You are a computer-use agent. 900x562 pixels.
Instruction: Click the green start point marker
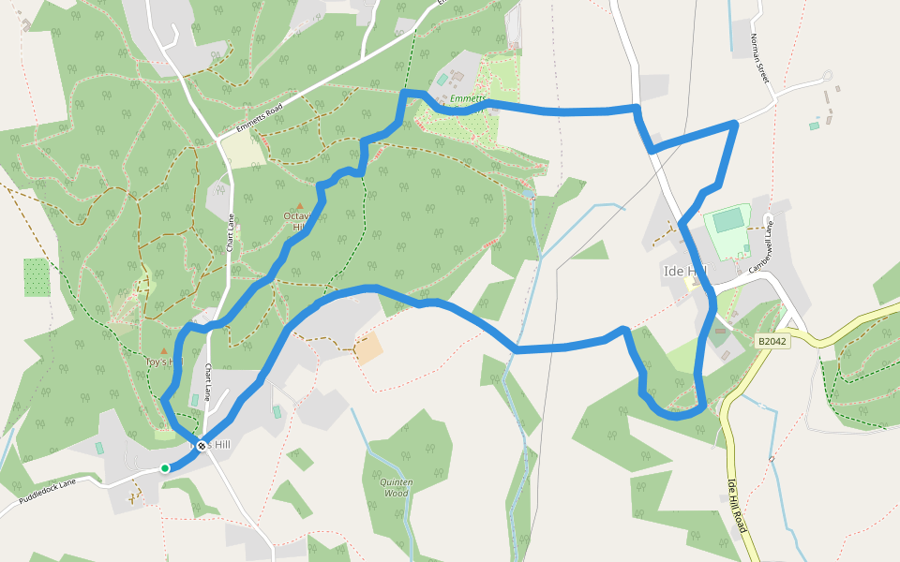165,468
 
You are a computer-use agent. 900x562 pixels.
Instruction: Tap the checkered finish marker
201,446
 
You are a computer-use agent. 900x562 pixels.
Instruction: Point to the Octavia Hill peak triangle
300,205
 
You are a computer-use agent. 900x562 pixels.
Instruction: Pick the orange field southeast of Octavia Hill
369,348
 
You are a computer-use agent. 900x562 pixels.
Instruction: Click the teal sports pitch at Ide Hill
727,222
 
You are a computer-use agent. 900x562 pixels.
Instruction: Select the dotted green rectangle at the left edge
37,277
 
